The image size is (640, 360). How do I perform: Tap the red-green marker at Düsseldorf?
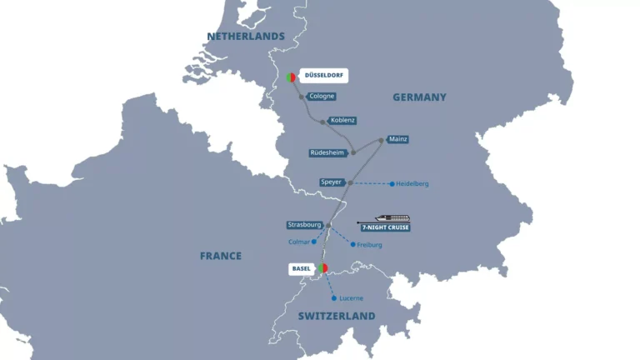click(x=291, y=77)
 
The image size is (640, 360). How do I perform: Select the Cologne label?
click(x=322, y=97)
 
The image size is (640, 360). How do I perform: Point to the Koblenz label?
click(x=343, y=120)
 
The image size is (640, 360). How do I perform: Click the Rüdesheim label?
click(x=327, y=152)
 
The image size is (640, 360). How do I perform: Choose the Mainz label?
click(x=398, y=139)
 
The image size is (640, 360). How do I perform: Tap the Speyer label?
click(x=332, y=182)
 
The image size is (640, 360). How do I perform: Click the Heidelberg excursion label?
click(x=413, y=183)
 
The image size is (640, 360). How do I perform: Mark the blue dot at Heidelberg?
click(x=392, y=183)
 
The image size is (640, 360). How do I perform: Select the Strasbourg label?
click(x=303, y=225)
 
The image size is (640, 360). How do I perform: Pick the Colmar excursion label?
click(x=298, y=242)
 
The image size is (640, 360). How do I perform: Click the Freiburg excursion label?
click(x=369, y=245)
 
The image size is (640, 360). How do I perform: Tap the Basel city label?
click(x=302, y=268)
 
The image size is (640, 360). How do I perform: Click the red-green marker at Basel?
click(x=323, y=268)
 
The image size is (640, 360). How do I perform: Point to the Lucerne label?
click(x=351, y=298)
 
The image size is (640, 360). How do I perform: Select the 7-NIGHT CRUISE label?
click(x=385, y=227)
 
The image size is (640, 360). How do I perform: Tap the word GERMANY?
click(x=419, y=97)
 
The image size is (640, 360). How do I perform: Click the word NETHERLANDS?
click(x=246, y=37)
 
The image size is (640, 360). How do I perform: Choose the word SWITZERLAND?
click(x=337, y=317)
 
